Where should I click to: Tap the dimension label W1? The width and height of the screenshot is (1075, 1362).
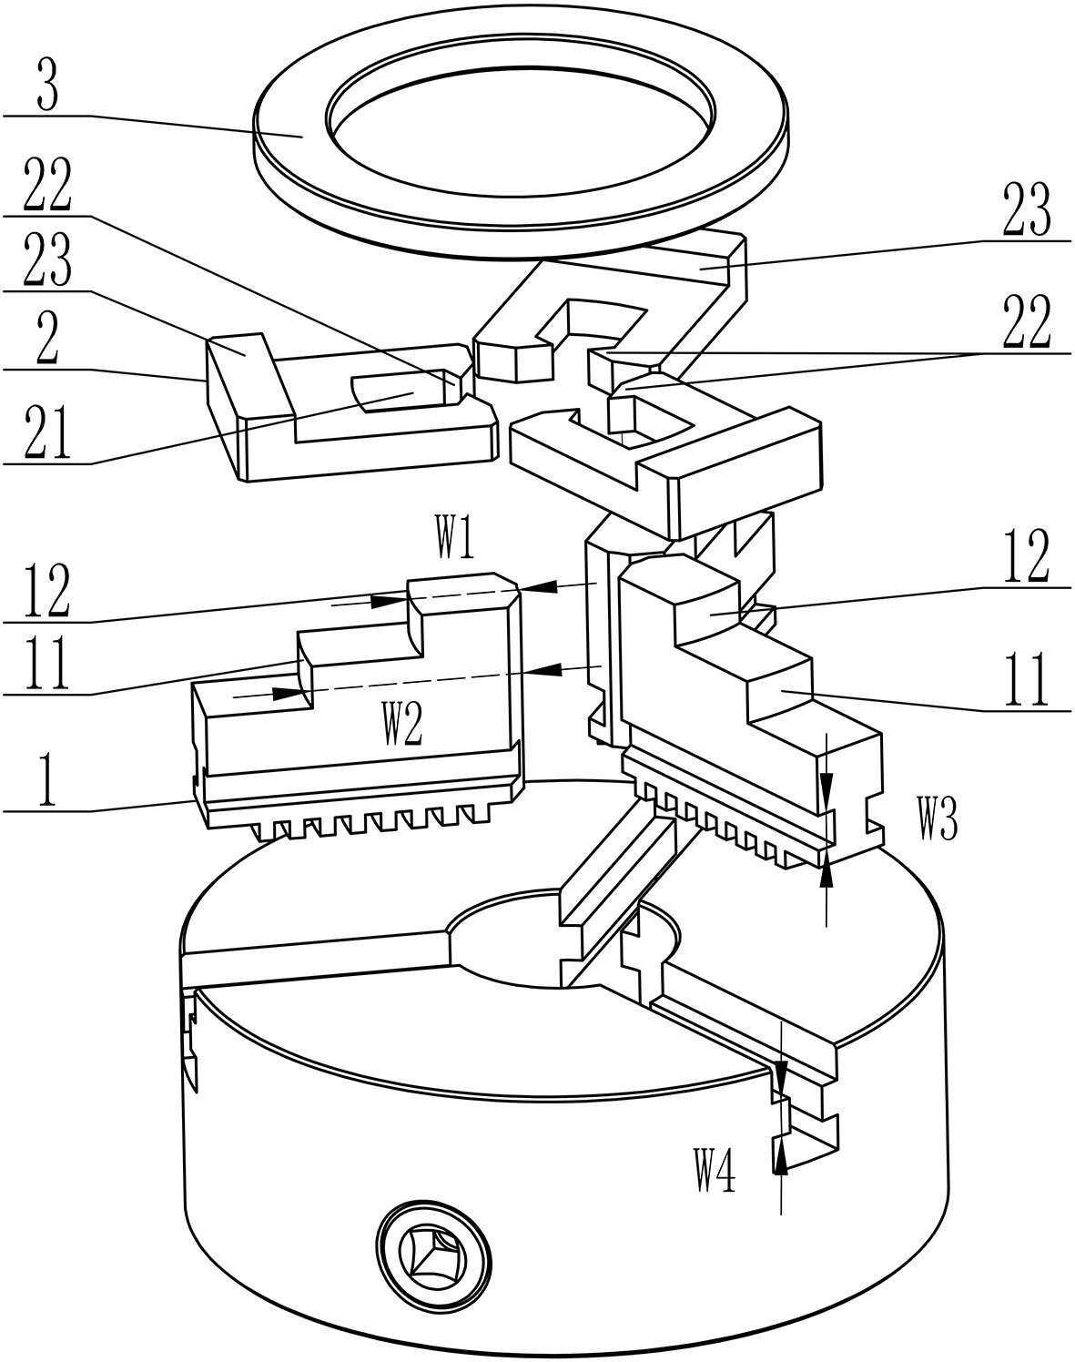pos(454,537)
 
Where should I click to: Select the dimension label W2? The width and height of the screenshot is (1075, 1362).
pos(402,723)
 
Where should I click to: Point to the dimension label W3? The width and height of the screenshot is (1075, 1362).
pos(938,819)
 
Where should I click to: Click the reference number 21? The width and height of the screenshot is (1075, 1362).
pos(48,432)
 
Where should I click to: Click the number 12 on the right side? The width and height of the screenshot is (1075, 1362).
pos(1027,555)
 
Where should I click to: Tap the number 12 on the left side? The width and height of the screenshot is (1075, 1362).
pos(46,592)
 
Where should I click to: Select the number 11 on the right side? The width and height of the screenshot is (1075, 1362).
pos(1026,680)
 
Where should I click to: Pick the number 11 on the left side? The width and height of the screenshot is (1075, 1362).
pos(46,664)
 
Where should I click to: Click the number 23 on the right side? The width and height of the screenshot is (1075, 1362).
pos(1027,208)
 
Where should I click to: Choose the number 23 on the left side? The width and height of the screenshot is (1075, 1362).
pos(47,260)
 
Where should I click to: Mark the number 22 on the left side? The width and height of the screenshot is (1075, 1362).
pos(47,185)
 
